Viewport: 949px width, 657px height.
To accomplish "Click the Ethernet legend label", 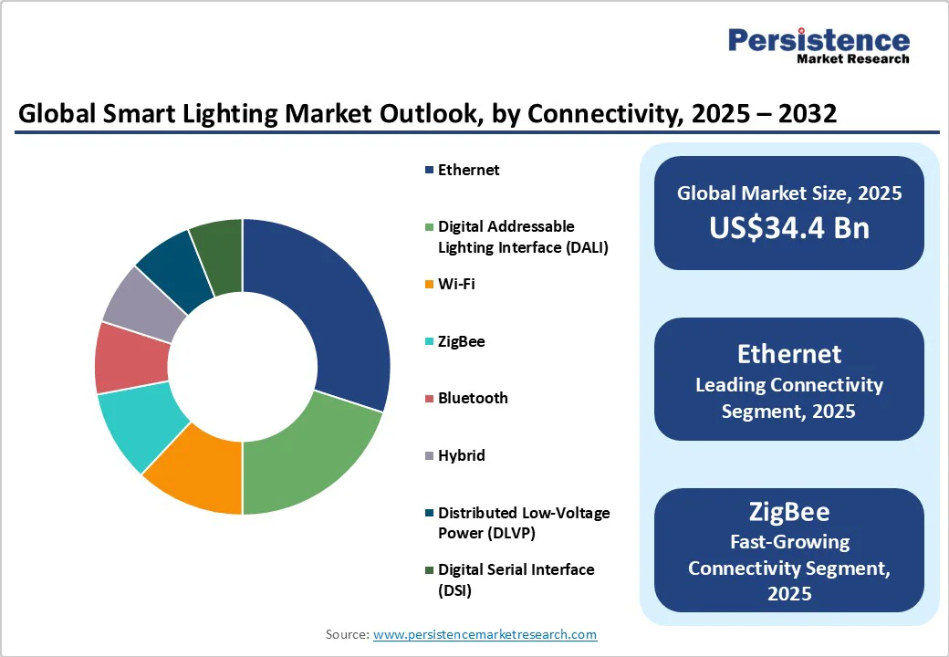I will coord(468,170).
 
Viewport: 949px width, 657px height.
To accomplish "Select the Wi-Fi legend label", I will coord(456,284).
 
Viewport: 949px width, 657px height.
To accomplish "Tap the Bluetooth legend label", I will coord(473,398).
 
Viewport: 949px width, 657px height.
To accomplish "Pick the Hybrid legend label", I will coord(461,455).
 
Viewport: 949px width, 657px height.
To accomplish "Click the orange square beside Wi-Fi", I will coord(429,285).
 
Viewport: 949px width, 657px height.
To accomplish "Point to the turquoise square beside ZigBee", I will coord(429,342).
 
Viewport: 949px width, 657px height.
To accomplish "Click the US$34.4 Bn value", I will coord(789,227).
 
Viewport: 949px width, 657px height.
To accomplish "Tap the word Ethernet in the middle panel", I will coord(789,354).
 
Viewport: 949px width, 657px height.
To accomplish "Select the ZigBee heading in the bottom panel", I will coord(789,511).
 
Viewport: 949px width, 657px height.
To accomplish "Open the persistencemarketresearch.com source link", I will coord(485,634).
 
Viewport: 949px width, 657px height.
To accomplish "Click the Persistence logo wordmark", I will coord(819,40).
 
